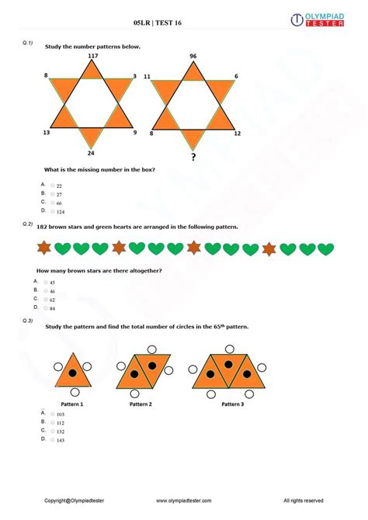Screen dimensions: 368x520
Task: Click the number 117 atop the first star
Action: [92, 56]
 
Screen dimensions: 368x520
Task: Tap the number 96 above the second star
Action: [193, 56]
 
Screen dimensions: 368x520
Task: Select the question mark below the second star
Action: [193, 158]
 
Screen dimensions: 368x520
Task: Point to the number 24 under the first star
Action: [92, 153]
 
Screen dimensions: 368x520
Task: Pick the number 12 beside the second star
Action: [237, 133]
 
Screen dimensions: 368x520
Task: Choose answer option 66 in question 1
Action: [59, 203]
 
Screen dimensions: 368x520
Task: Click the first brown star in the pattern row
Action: [44, 248]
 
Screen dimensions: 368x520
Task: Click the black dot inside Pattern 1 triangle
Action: [71, 373]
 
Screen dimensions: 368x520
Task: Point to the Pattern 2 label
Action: [141, 404]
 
